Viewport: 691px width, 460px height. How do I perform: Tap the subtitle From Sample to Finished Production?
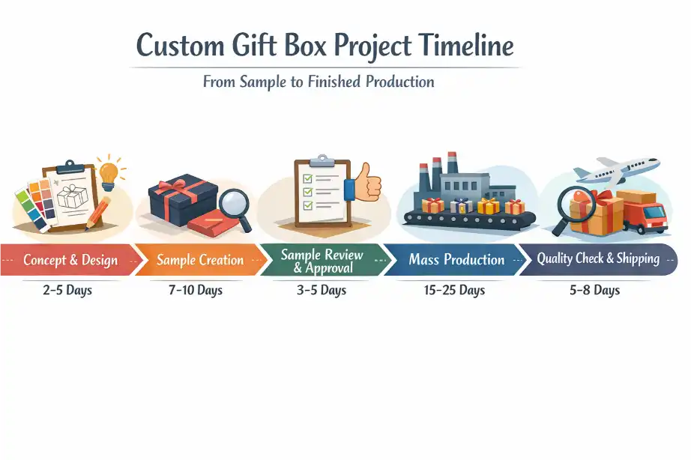[x=319, y=82]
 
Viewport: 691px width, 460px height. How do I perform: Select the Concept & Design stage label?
[x=70, y=261]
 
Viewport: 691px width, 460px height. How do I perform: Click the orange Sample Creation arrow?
[x=200, y=261]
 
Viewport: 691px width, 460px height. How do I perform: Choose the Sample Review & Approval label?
[x=322, y=261]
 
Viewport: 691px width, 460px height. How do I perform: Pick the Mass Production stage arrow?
[x=456, y=260]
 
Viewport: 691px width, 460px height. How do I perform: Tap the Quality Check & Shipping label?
[x=597, y=259]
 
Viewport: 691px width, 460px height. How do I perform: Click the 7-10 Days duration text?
[x=196, y=290]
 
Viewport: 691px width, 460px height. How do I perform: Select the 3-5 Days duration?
[x=322, y=290]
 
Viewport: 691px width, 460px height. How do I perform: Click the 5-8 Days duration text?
[x=594, y=290]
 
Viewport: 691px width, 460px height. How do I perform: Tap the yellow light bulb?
[x=110, y=171]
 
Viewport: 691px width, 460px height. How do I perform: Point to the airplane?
[x=626, y=169]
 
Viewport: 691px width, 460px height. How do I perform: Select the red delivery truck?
[x=645, y=211]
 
